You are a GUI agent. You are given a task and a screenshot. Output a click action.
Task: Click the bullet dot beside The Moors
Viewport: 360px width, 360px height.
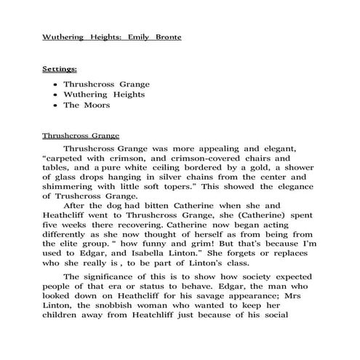[x=56, y=105]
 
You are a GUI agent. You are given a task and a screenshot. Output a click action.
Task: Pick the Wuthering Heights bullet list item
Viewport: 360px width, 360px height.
[x=104, y=95]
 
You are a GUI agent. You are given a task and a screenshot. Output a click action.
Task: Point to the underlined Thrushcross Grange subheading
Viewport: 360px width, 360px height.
[x=80, y=135]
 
